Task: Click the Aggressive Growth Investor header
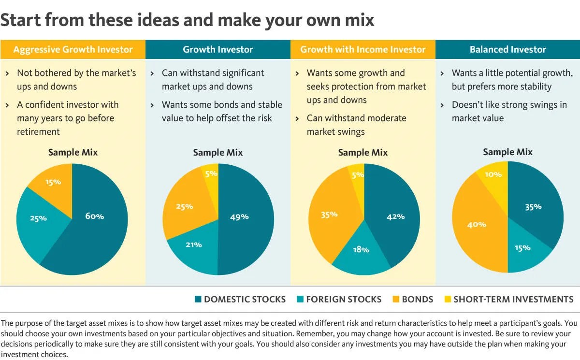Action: [72, 49]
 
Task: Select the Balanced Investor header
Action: [507, 49]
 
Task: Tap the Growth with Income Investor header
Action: [362, 49]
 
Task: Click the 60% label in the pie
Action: [94, 216]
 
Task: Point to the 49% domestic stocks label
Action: [239, 216]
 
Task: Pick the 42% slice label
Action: [395, 216]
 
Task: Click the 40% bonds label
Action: [477, 225]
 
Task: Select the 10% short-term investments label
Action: [493, 174]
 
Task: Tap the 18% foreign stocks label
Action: [361, 250]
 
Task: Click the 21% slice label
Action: [194, 245]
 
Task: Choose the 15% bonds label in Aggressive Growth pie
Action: [53, 182]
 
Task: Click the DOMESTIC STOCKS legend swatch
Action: [198, 300]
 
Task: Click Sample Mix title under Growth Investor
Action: [217, 153]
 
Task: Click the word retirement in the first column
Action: [38, 131]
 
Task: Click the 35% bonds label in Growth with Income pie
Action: [329, 214]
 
